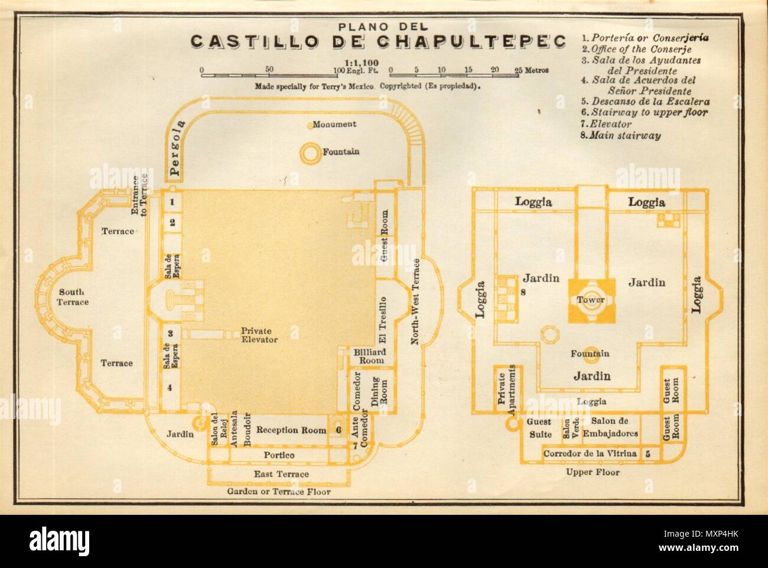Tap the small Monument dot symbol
(x=309, y=125)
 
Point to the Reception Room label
(x=291, y=430)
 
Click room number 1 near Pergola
(x=171, y=202)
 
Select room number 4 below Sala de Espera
(x=170, y=388)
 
